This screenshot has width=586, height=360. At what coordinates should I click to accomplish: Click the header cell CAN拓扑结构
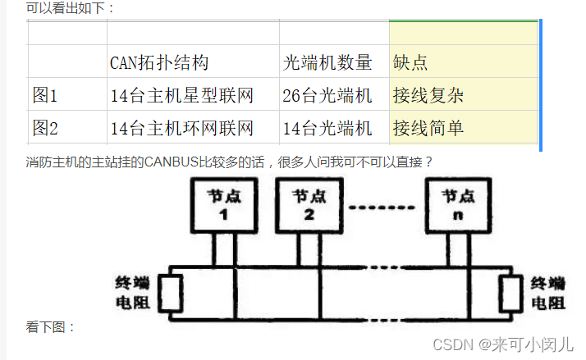tap(159, 62)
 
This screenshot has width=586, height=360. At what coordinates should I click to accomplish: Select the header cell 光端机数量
tap(327, 62)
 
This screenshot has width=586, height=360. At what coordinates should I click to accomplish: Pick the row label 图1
tap(45, 95)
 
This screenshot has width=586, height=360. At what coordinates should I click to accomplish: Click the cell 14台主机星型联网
tap(181, 95)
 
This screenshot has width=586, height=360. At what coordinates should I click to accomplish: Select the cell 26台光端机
tap(327, 95)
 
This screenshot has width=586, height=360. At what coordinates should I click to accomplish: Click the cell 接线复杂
tap(428, 95)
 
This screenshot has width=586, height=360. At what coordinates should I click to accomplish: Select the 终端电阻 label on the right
tap(547, 293)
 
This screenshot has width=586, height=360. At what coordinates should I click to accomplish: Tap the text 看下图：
tap(51, 327)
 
